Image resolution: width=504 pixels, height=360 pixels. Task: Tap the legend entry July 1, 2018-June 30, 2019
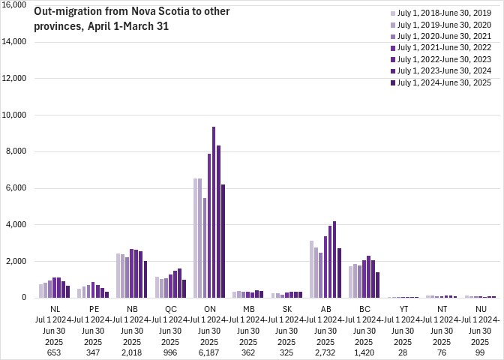(x=443, y=13)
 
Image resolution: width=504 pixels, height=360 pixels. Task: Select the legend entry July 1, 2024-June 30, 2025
(x=443, y=82)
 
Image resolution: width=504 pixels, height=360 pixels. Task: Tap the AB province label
(x=327, y=307)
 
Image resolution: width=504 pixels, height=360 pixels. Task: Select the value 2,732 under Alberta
(x=327, y=352)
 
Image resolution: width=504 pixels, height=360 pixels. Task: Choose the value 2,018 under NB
(x=131, y=352)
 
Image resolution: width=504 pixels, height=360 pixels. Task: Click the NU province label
(x=480, y=307)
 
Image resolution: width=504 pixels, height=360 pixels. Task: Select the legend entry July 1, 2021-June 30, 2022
(x=443, y=47)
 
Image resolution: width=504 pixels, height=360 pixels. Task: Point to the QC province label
(x=170, y=307)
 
